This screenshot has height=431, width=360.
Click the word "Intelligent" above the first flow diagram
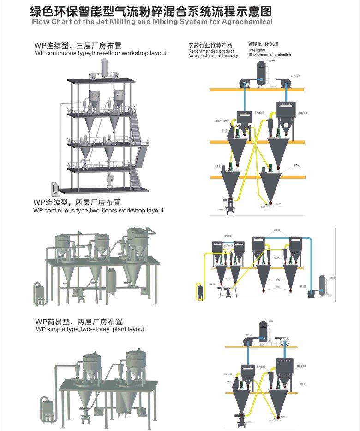(257, 50)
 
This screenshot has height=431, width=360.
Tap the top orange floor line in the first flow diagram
(256, 89)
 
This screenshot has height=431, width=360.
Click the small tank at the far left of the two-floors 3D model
(39, 294)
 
